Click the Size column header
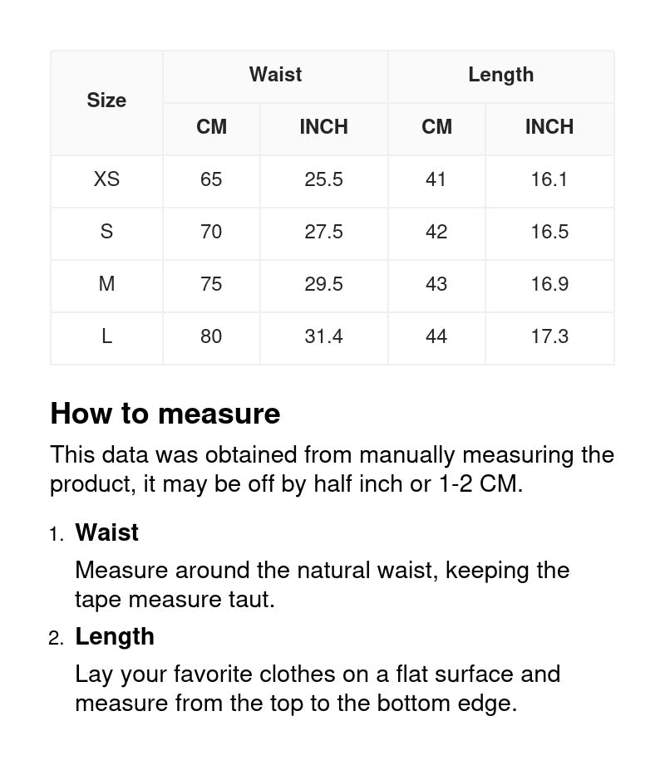[106, 101]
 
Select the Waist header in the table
[275, 75]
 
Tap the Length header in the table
[500, 75]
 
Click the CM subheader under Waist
[211, 127]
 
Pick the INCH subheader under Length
[549, 127]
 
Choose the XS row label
[106, 179]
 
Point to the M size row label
[106, 284]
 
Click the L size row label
[106, 336]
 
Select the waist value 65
[211, 179]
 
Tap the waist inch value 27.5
[323, 232]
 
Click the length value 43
[436, 284]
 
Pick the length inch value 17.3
[549, 336]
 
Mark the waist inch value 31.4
[323, 336]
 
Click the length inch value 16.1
[549, 179]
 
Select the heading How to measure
[165, 414]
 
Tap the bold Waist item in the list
[107, 532]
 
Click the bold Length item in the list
[115, 636]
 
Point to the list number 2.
[56, 638]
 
